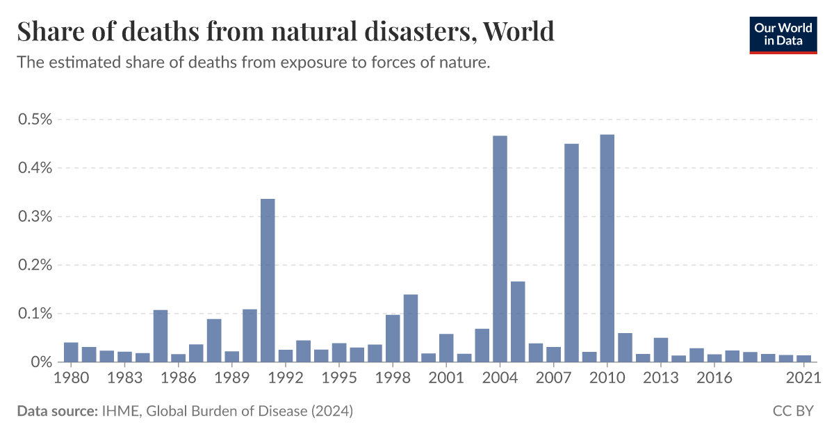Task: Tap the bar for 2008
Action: click(x=571, y=253)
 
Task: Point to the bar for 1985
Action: click(x=161, y=336)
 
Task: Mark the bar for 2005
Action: click(x=518, y=321)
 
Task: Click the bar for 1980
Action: click(x=71, y=353)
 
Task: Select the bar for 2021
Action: click(x=803, y=359)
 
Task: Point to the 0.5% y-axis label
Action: click(x=35, y=119)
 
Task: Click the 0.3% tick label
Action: click(x=35, y=216)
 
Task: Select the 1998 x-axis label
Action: click(x=393, y=378)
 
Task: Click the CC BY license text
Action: click(x=792, y=411)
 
